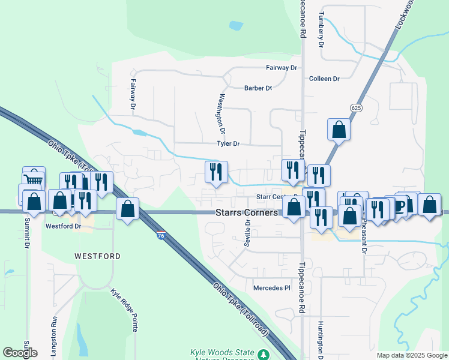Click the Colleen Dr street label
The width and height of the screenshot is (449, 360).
tap(324, 79)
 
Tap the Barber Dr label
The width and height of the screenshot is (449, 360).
tap(258, 88)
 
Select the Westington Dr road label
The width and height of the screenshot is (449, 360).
tap(221, 113)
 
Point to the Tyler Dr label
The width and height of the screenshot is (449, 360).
tap(228, 144)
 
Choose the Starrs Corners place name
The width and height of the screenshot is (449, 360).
tap(247, 213)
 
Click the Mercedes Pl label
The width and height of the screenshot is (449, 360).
tap(271, 288)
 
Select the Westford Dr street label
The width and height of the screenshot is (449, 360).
tap(63, 226)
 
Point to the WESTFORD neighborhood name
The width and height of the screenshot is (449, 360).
tap(97, 256)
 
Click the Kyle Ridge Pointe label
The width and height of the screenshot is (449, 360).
tap(125, 310)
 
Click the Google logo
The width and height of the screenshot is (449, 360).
tap(20, 352)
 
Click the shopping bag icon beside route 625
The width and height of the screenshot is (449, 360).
tap(339, 130)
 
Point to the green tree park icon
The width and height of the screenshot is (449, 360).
tap(263, 355)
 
